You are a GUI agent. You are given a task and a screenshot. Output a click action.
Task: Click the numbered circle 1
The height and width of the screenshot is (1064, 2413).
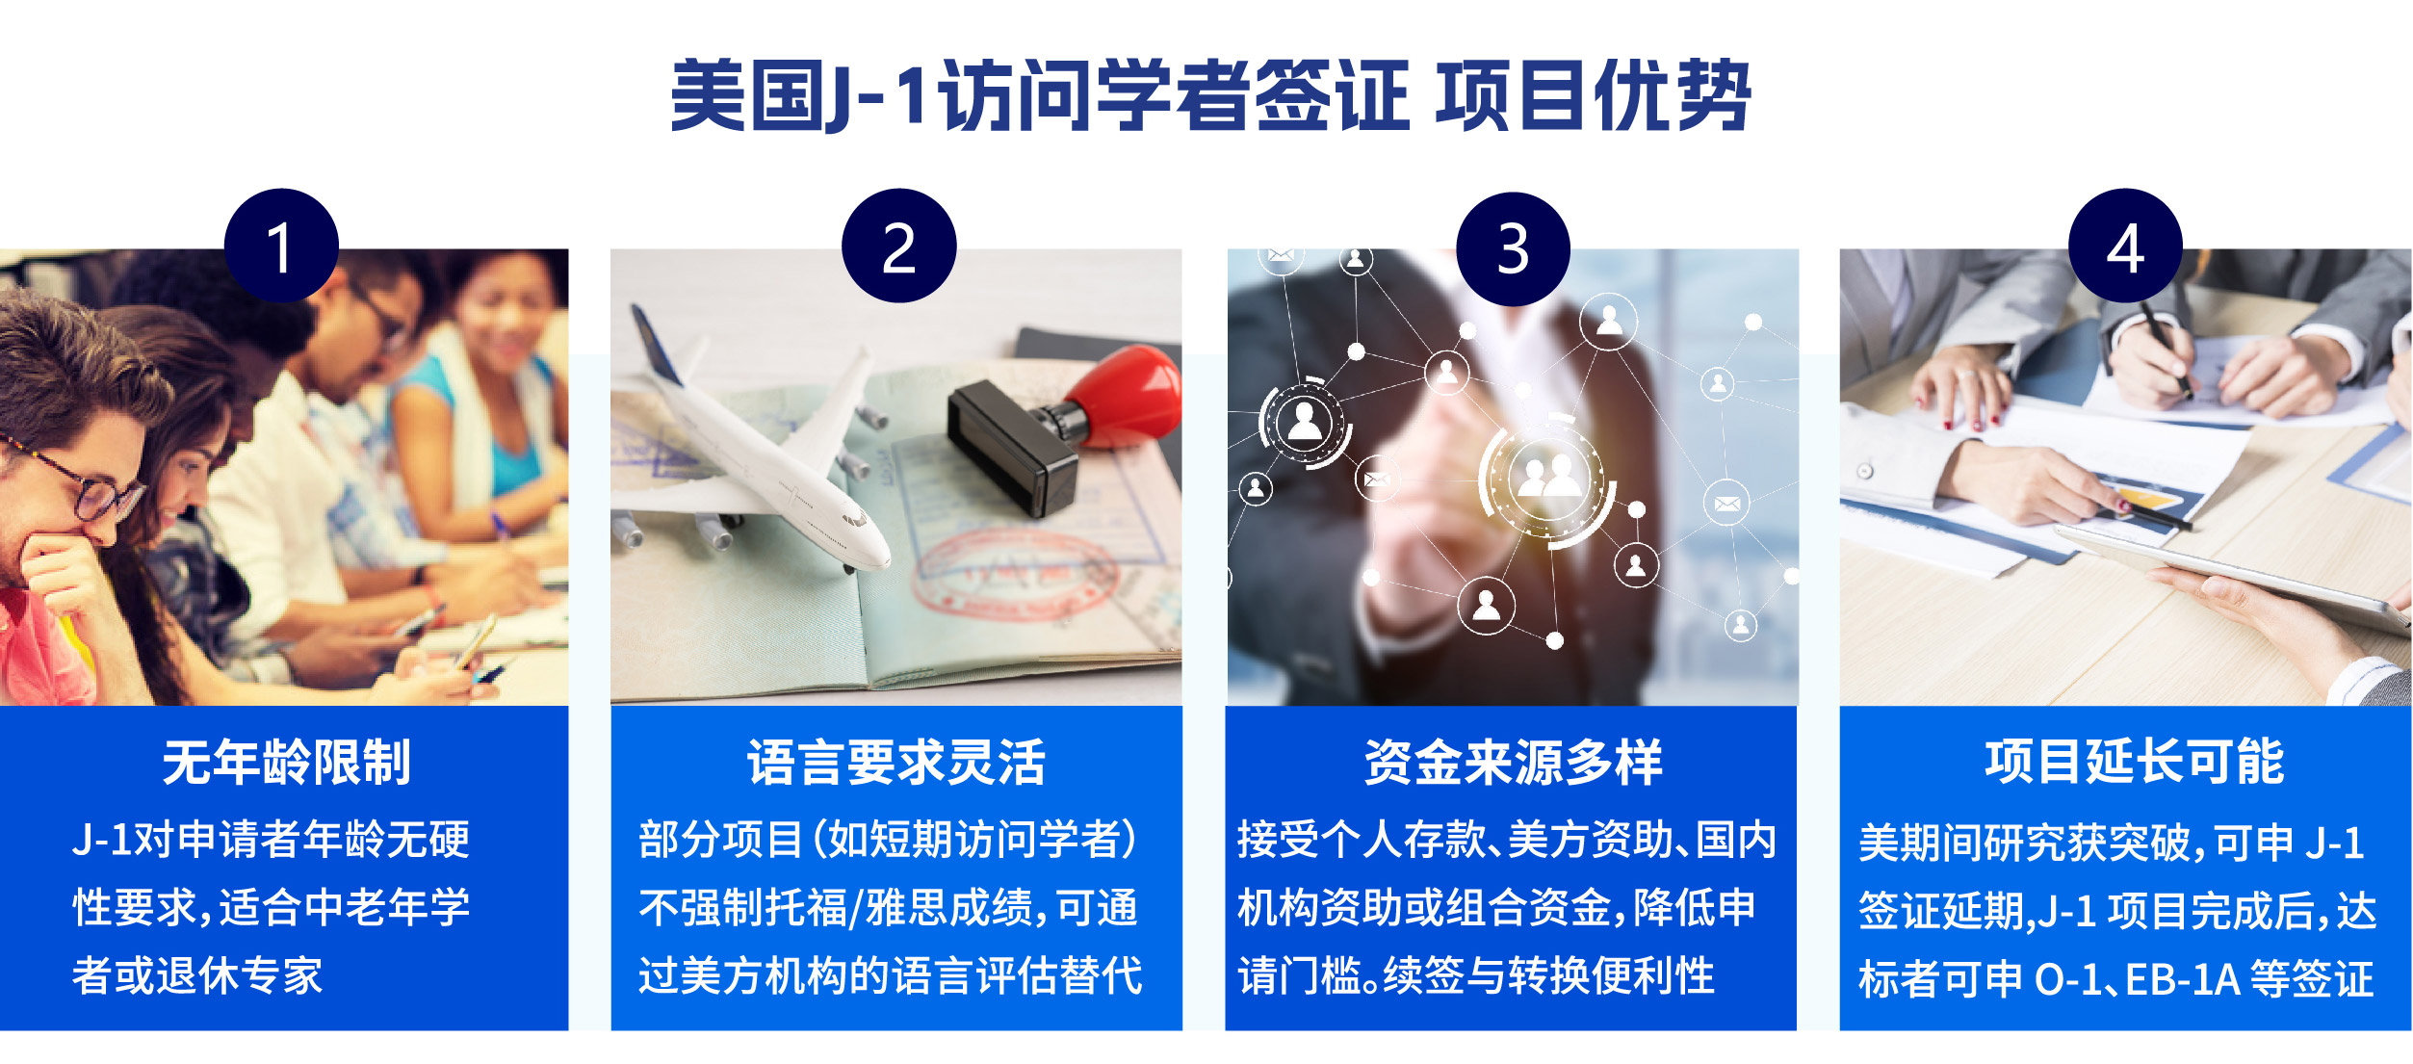tap(281, 246)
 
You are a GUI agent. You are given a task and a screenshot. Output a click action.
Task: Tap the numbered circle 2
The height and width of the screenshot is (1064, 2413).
tap(898, 246)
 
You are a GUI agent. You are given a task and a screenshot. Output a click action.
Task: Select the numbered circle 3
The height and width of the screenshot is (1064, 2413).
tap(1513, 248)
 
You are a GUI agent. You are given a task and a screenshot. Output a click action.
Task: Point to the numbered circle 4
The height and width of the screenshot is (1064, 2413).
tap(2125, 246)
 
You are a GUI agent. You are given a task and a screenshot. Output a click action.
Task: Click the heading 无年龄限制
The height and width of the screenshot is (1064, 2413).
tap(286, 763)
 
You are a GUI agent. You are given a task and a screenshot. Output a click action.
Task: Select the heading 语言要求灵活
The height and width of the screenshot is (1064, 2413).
tap(896, 763)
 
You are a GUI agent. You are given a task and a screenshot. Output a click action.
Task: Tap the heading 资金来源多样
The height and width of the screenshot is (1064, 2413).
tap(1513, 763)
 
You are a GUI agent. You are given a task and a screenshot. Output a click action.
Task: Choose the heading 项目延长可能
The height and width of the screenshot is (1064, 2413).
tap(2134, 762)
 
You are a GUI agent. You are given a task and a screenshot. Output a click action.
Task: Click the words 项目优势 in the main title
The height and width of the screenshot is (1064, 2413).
tap(1593, 95)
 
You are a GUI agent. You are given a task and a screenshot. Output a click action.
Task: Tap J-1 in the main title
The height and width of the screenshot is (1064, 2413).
tap(881, 95)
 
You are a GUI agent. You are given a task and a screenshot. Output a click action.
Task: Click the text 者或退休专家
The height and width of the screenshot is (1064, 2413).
tap(197, 975)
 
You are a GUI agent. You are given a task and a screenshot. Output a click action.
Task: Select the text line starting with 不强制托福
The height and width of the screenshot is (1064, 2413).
tap(889, 907)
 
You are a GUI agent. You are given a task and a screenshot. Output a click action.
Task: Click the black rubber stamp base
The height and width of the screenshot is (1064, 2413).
tap(1011, 449)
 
